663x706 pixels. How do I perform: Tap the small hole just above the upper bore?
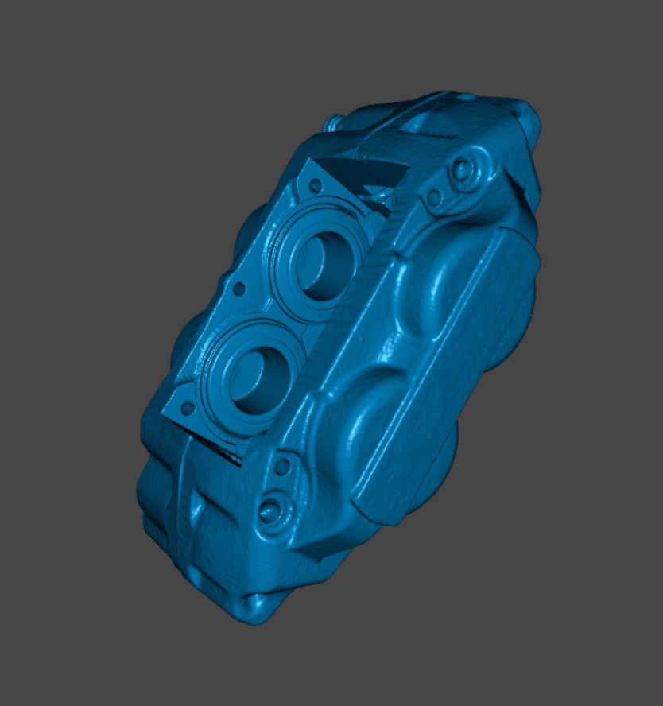point(316,185)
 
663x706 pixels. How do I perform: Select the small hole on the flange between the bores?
point(237,289)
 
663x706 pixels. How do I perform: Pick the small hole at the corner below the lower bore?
point(188,409)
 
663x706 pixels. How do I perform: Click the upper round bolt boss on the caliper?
point(461,169)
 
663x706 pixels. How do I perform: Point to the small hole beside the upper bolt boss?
point(434,196)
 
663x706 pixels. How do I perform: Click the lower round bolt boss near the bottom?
point(270,510)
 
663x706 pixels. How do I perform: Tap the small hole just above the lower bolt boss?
point(281,467)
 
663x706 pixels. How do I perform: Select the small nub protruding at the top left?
point(334,123)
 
